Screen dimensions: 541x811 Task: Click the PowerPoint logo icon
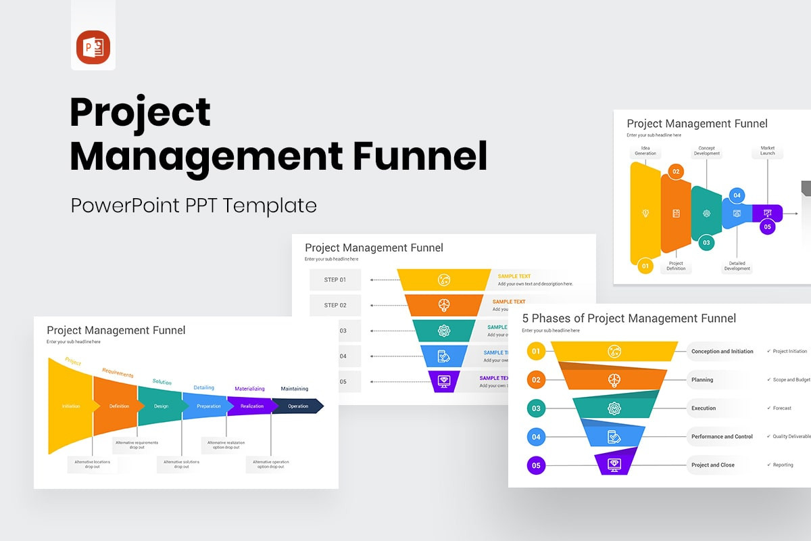pyautogui.click(x=93, y=47)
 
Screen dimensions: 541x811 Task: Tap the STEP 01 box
pyautogui.click(x=335, y=280)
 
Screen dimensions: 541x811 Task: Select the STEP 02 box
pyautogui.click(x=335, y=305)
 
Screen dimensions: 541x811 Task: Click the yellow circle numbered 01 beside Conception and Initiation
pyautogui.click(x=536, y=351)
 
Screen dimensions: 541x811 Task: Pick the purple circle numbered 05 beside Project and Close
pyautogui.click(x=536, y=465)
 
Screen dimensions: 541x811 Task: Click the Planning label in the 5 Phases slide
pyautogui.click(x=702, y=380)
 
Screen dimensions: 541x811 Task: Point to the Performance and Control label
pyautogui.click(x=721, y=437)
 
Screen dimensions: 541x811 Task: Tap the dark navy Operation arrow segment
pyautogui.click(x=298, y=406)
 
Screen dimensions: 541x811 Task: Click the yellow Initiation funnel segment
pyautogui.click(x=71, y=406)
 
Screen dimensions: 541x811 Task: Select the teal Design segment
pyautogui.click(x=161, y=406)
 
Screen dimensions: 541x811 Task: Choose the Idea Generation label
pyautogui.click(x=645, y=151)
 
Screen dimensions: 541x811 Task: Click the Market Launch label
pyautogui.click(x=768, y=151)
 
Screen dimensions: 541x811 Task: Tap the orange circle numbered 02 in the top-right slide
pyautogui.click(x=676, y=172)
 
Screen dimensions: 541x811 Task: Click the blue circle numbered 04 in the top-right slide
pyautogui.click(x=737, y=196)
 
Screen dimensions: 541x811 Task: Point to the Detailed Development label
pyautogui.click(x=737, y=266)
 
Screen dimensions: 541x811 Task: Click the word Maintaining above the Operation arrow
pyautogui.click(x=295, y=389)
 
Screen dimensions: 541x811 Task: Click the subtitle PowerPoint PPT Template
pyautogui.click(x=193, y=205)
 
